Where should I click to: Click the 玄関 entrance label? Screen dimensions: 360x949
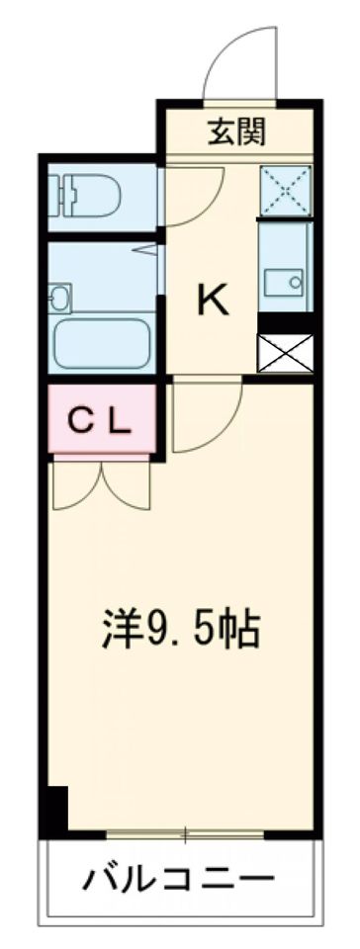236,131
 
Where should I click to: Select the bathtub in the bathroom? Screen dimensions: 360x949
102,344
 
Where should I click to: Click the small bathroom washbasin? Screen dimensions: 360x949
60,298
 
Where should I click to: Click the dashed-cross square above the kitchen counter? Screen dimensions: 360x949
286,191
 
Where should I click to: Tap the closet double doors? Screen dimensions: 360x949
102,484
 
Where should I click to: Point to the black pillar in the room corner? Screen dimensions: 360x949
58,808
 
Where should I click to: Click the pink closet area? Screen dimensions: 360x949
102,419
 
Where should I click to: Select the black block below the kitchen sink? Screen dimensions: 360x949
285,322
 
